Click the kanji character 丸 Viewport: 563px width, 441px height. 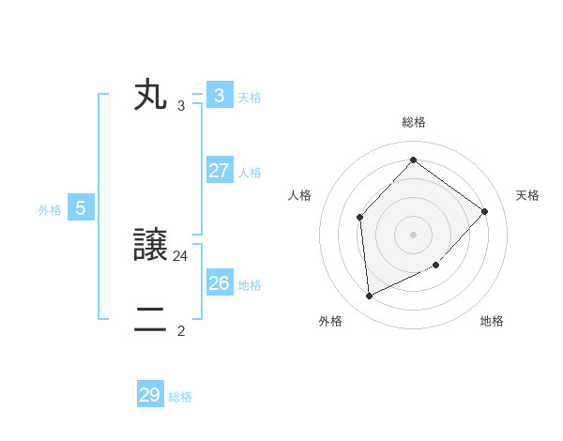pos(150,96)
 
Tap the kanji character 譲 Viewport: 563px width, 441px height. pos(150,247)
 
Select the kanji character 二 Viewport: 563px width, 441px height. pos(150,320)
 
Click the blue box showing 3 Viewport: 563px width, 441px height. pos(219,96)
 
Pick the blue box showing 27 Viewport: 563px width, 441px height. pos(219,171)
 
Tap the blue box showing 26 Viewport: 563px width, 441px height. pos(219,283)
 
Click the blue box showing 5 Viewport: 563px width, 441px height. pos(81,208)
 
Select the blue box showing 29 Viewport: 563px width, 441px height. pos(150,395)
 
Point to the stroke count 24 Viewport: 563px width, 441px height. pos(181,255)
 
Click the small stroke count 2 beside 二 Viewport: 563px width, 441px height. pos(181,330)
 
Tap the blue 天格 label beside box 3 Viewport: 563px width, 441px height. pos(250,97)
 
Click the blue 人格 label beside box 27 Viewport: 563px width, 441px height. pos(250,173)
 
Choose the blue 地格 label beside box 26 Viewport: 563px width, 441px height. pos(250,285)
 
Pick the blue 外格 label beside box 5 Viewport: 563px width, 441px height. pos(50,210)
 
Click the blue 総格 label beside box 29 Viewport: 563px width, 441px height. pos(180,397)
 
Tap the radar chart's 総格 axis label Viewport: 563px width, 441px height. pos(414,122)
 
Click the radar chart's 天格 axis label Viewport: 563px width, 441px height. pos(527,195)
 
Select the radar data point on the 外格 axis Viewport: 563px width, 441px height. pos(370,297)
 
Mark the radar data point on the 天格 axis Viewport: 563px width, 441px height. pos(484,211)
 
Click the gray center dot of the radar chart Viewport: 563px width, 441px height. pos(413,234)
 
